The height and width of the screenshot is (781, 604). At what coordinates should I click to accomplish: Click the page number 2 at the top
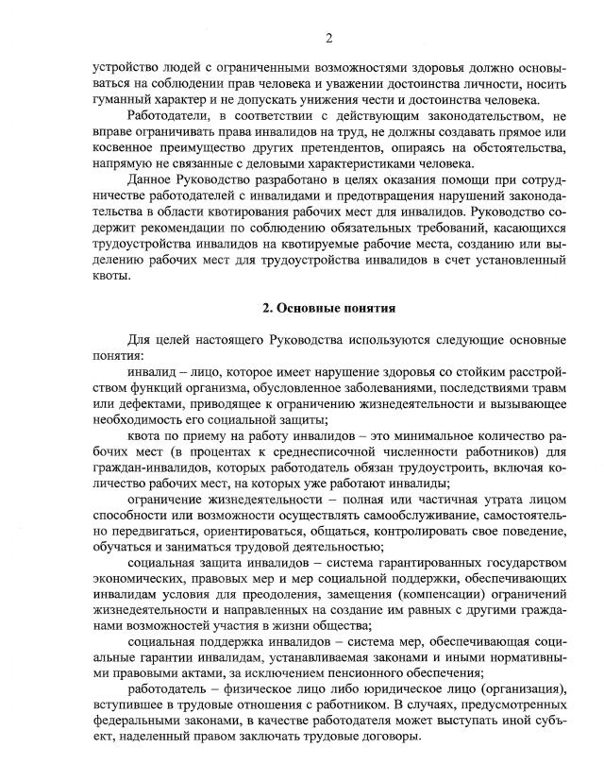tap(329, 38)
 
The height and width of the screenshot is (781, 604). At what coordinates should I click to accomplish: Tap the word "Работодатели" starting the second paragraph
tap(165, 118)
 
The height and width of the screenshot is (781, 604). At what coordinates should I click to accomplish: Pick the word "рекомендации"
tap(166, 229)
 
